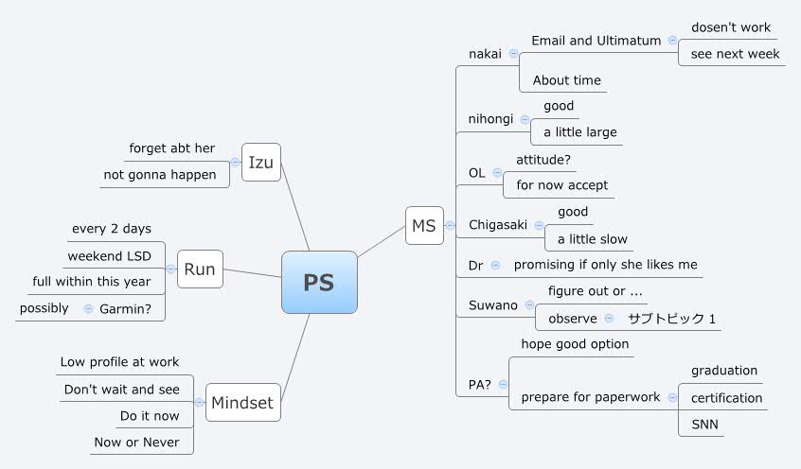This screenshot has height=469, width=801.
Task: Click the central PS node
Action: click(319, 282)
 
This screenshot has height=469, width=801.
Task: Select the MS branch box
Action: click(424, 225)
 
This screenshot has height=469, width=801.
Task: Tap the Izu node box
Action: click(260, 163)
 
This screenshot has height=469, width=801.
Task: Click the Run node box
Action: click(199, 269)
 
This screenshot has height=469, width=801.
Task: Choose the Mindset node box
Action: click(241, 402)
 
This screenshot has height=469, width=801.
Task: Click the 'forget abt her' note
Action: click(172, 148)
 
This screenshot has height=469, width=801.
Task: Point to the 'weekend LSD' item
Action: click(110, 256)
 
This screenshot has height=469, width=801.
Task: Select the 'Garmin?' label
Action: click(127, 308)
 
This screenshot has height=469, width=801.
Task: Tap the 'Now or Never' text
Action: click(136, 442)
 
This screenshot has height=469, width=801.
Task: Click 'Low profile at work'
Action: click(119, 362)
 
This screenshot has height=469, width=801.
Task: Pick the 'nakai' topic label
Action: click(486, 54)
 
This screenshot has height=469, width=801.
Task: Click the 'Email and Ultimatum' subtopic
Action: click(596, 41)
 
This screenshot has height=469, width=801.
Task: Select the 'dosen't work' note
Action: click(731, 27)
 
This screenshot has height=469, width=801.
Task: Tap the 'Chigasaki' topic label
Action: click(498, 225)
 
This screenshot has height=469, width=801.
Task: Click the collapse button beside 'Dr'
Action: click(495, 266)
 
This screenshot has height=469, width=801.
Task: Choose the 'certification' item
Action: click(726, 398)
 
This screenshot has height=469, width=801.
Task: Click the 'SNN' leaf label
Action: click(704, 425)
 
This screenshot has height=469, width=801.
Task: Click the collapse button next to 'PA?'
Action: click(502, 384)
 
